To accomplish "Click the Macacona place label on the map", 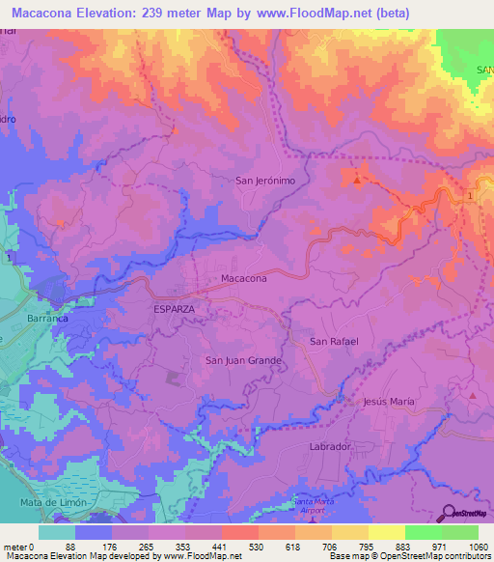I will pos(243,278).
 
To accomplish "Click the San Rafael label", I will pos(335,342).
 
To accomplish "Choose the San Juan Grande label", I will pos(242,360).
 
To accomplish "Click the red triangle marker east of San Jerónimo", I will pos(359,180).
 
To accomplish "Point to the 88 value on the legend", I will pos(69,547).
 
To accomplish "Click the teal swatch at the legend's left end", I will pos(57,532).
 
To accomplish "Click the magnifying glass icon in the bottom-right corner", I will pos(449,512).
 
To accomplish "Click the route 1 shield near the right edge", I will pos(470,196).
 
